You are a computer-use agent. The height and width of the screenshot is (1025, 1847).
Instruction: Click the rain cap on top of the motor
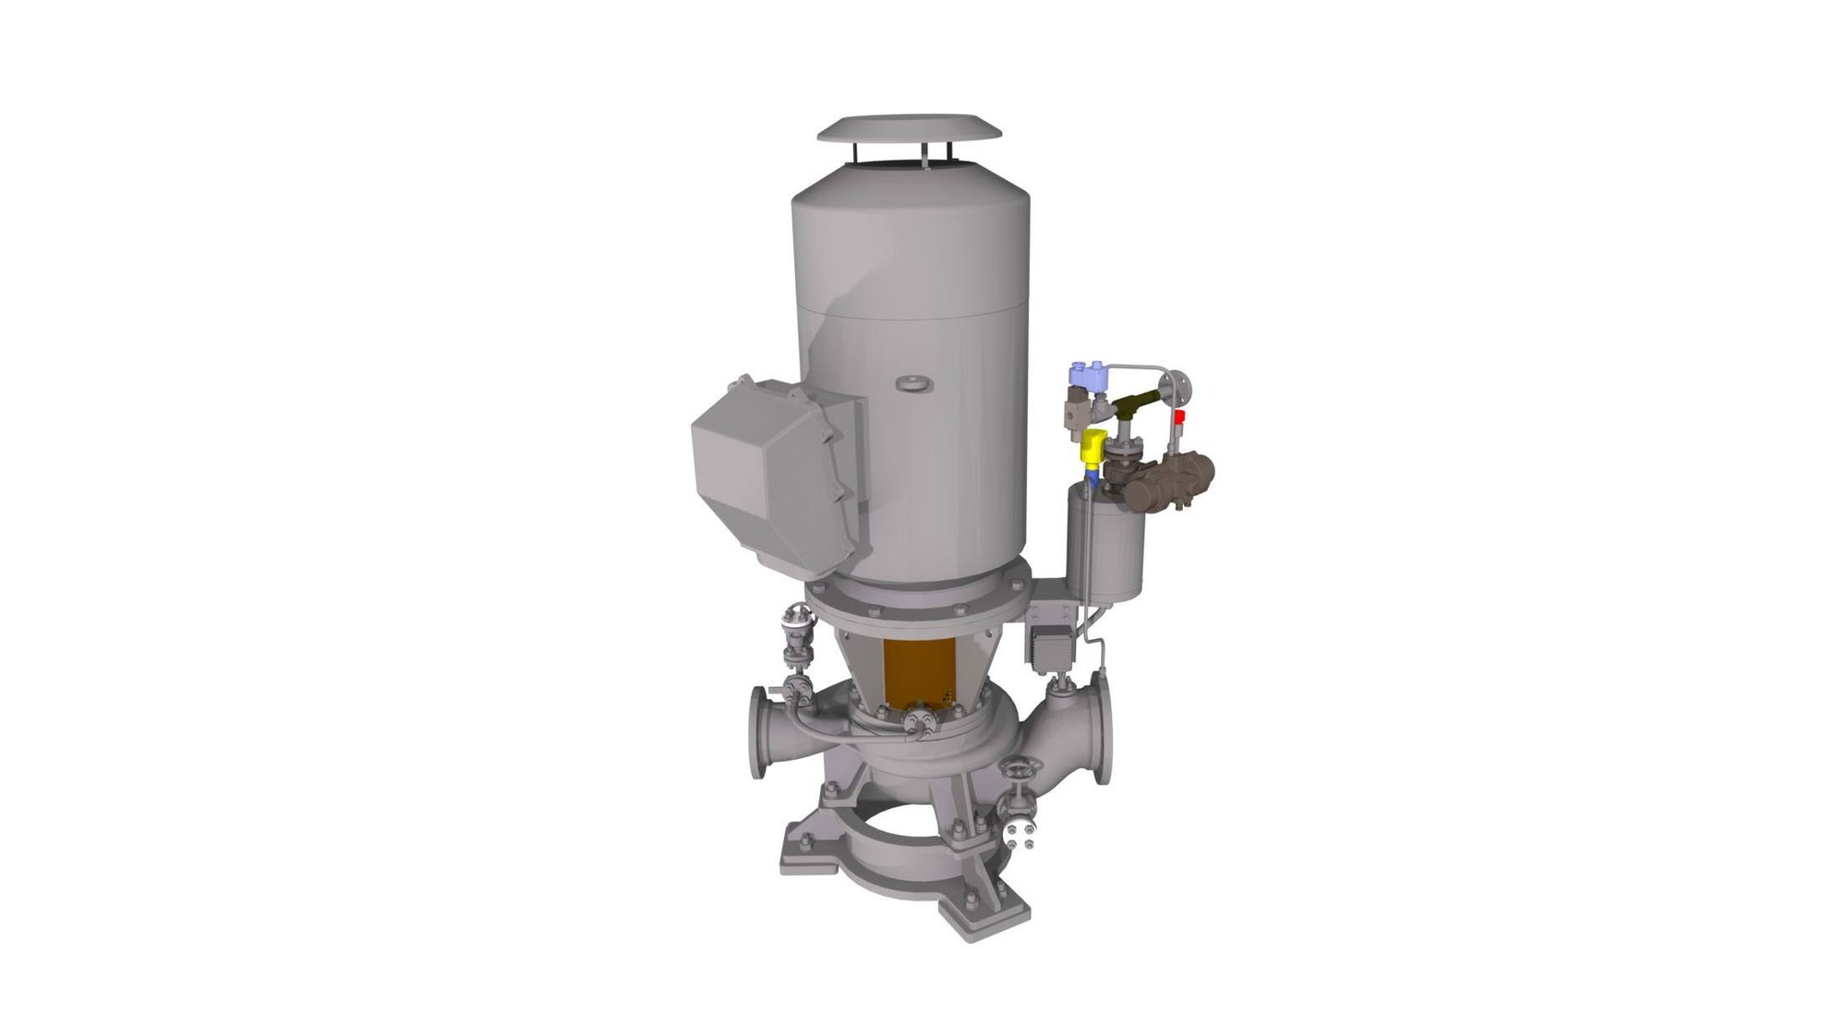(910, 129)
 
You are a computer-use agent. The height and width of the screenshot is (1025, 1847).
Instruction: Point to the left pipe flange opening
(759, 732)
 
